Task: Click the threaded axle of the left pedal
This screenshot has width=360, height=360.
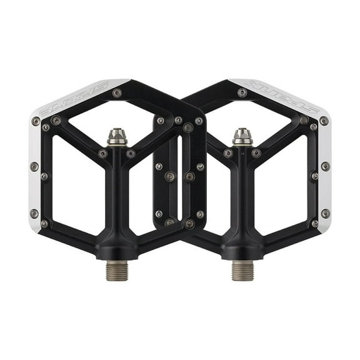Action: coord(117,271)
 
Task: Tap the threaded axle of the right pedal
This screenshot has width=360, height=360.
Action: coord(242,271)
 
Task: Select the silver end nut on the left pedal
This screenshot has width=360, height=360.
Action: coord(117,136)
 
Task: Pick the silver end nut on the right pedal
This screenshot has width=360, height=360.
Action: coord(242,136)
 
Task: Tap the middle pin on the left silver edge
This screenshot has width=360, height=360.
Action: coord(34,166)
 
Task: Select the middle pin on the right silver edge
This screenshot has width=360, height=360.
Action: coord(325,166)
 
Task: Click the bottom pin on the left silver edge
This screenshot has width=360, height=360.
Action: coord(34,213)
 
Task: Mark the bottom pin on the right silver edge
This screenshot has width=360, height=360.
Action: coord(325,213)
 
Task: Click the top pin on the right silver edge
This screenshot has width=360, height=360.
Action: coord(324,121)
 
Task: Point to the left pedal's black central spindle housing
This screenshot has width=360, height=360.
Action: coord(117,200)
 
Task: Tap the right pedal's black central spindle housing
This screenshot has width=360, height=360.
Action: coord(242,200)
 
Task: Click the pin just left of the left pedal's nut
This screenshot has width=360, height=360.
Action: coord(102,153)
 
